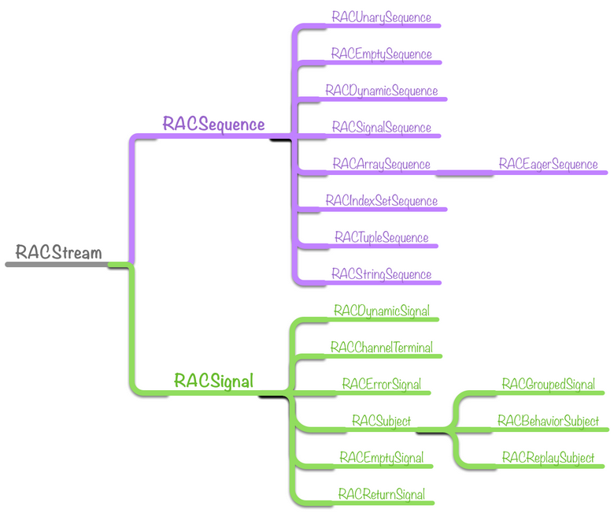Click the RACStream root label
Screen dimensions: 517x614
(59, 252)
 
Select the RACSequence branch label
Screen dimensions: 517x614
(213, 124)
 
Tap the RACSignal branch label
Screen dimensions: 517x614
(213, 381)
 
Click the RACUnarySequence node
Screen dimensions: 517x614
(381, 17)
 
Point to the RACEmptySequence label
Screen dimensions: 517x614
(381, 54)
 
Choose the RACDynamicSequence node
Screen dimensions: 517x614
(381, 91)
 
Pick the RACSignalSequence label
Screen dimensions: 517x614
(381, 127)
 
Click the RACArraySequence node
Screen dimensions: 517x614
(381, 164)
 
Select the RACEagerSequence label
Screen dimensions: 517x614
(548, 164)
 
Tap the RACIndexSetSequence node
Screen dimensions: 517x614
(381, 201)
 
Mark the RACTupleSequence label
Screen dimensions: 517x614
(381, 237)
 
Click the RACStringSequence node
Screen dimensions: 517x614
(381, 274)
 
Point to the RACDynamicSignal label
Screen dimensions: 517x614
(381, 311)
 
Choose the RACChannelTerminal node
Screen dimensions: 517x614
(381, 348)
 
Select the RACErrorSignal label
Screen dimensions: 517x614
(381, 384)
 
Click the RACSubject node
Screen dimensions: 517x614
(381, 422)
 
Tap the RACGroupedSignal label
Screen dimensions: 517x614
(548, 385)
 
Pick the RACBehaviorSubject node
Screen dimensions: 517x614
(548, 422)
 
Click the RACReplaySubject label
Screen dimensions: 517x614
(548, 458)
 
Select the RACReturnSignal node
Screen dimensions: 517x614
(381, 494)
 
